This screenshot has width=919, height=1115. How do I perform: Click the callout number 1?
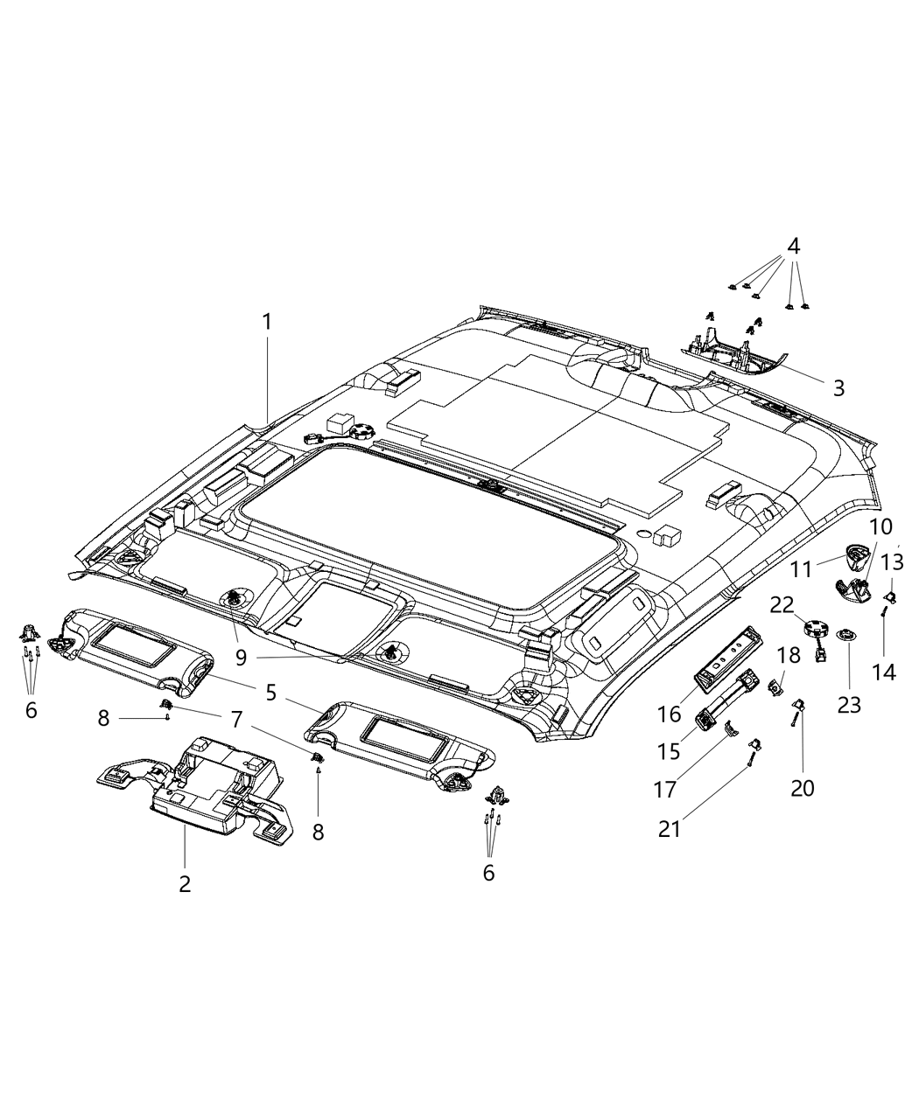(267, 322)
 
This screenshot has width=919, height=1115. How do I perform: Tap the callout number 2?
(185, 883)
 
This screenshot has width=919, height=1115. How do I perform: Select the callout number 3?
(838, 388)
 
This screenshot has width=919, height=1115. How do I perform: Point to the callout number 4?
(793, 247)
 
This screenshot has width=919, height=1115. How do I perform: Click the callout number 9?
(240, 655)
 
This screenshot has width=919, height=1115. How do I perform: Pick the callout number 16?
(670, 714)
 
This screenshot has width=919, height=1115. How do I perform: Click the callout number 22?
(782, 604)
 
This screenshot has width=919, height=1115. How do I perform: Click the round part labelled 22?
(815, 627)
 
